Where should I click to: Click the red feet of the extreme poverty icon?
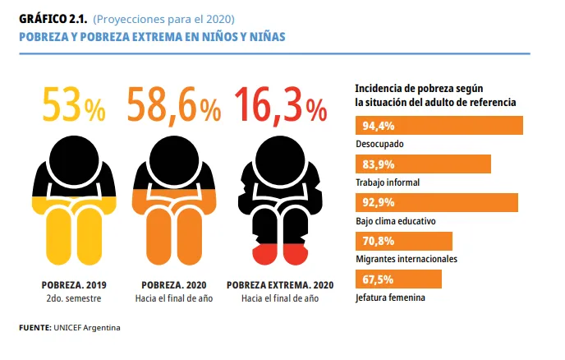(x=279, y=253)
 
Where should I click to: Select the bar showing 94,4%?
(x=439, y=126)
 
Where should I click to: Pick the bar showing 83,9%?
(x=423, y=164)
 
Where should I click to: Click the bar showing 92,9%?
(x=436, y=202)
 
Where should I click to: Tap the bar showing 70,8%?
(x=403, y=241)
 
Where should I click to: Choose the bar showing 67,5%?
(x=398, y=279)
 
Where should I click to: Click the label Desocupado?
(x=379, y=144)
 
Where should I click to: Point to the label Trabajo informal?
(x=388, y=182)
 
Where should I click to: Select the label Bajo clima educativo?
(x=395, y=221)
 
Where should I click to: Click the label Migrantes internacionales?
(x=406, y=259)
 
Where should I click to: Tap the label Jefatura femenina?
(x=390, y=297)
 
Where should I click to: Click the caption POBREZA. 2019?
(x=74, y=284)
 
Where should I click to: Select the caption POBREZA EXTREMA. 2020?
(x=279, y=284)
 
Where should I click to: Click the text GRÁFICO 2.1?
(x=51, y=19)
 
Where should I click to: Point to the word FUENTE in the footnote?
(x=34, y=328)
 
